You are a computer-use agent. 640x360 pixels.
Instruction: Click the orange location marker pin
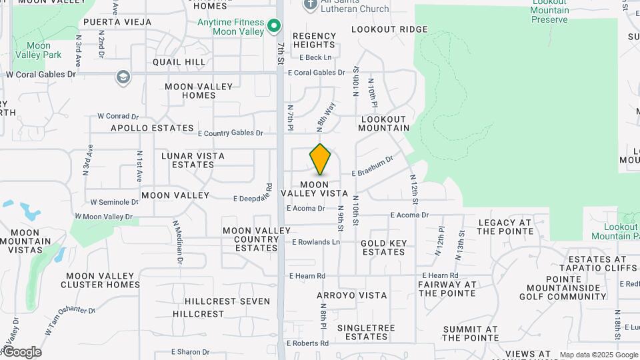[x=320, y=160]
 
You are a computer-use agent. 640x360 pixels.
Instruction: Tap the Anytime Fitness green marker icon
[x=273, y=27]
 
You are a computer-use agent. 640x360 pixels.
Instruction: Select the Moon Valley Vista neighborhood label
[x=314, y=189]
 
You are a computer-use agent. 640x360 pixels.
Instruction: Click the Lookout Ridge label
[x=389, y=29]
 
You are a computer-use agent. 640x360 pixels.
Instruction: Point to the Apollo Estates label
[x=152, y=128]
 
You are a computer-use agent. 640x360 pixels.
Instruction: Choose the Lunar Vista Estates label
[x=193, y=160]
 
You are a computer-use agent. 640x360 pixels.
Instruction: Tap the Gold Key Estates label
[x=383, y=247]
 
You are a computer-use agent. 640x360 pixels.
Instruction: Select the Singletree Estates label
[x=366, y=332]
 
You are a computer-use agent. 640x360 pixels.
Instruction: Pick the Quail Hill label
[x=179, y=62]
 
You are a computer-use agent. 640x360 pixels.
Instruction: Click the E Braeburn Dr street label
[x=373, y=165]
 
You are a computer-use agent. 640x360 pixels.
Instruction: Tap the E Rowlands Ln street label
[x=315, y=242]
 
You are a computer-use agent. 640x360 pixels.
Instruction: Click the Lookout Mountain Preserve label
[x=550, y=11]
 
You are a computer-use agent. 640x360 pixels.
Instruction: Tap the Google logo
[x=21, y=352]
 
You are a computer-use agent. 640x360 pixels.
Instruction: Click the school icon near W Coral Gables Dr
[x=123, y=78]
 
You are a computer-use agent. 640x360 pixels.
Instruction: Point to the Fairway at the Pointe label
[x=447, y=289]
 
